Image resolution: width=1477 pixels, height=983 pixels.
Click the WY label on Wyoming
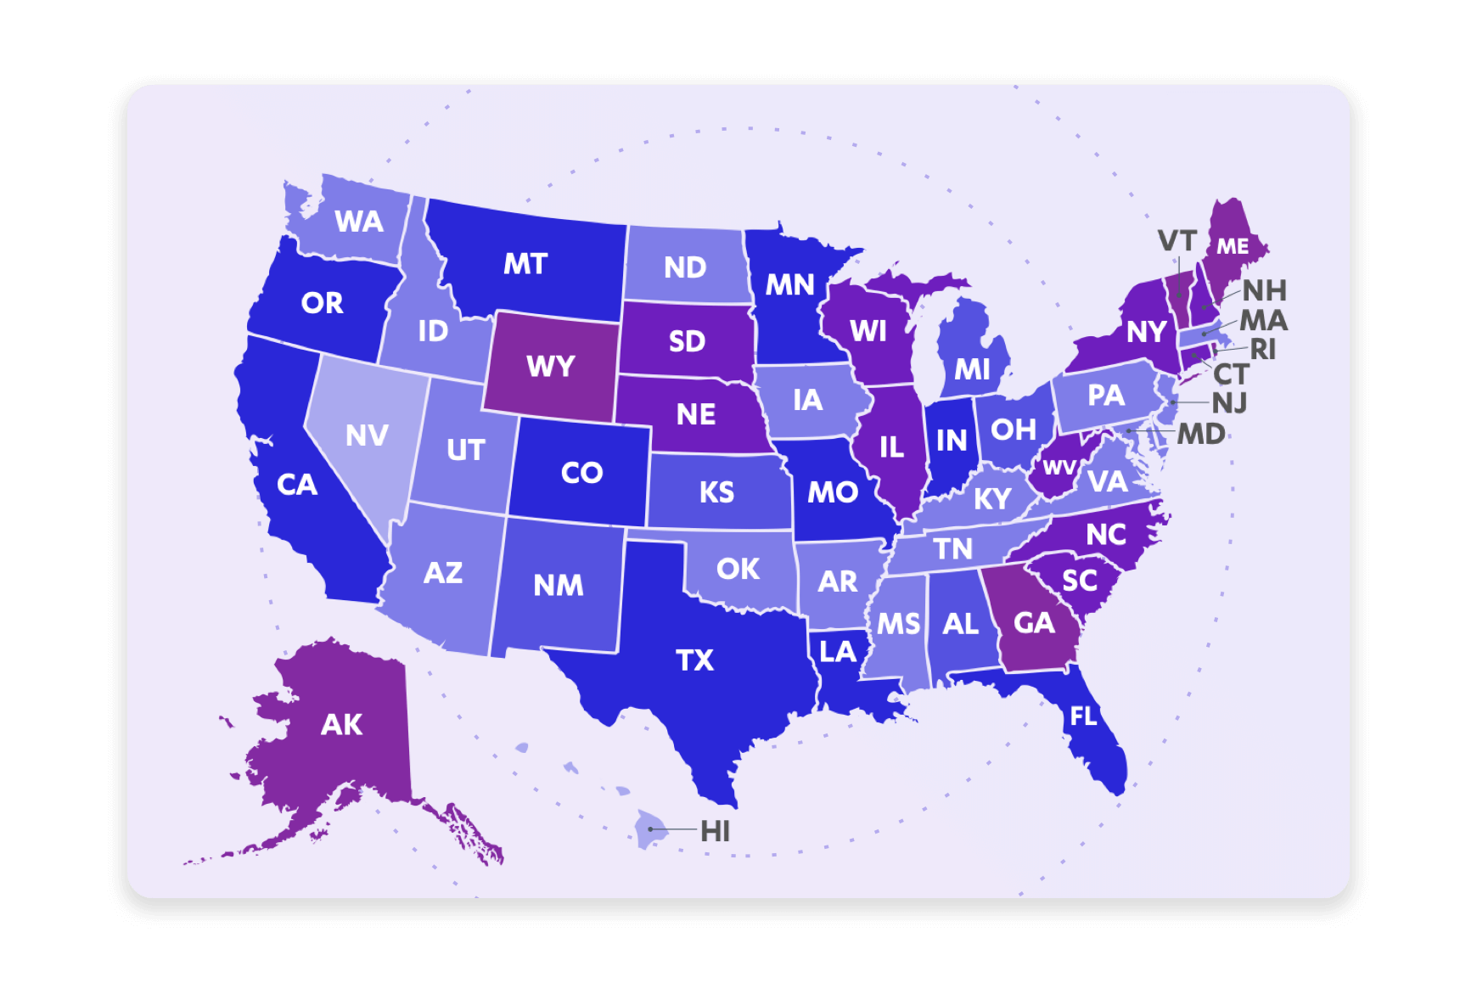pyautogui.click(x=551, y=367)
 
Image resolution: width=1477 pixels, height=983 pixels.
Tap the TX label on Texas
pyautogui.click(x=694, y=660)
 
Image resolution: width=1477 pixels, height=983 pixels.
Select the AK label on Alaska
pyautogui.click(x=341, y=724)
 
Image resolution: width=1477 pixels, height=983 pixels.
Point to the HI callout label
pyautogui.click(x=715, y=831)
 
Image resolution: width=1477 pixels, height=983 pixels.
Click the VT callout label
pyautogui.click(x=1177, y=241)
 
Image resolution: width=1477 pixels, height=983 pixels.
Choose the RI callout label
pyautogui.click(x=1262, y=349)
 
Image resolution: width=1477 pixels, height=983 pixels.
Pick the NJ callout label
pyautogui.click(x=1229, y=402)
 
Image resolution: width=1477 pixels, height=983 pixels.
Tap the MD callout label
pyautogui.click(x=1201, y=434)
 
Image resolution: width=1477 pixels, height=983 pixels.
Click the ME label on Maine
pyautogui.click(x=1233, y=246)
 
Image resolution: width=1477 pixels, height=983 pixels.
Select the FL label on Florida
pyautogui.click(x=1083, y=716)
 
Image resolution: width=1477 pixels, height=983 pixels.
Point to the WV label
pyautogui.click(x=1059, y=468)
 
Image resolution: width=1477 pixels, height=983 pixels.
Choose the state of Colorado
pyautogui.click(x=581, y=472)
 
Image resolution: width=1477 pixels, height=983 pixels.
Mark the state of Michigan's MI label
pyautogui.click(x=972, y=369)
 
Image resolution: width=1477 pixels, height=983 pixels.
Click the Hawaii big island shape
pyautogui.click(x=651, y=829)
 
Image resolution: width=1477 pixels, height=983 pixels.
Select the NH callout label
pyautogui.click(x=1265, y=290)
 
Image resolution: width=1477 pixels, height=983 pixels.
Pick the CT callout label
pyautogui.click(x=1231, y=374)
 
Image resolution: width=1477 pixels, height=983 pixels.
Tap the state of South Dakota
pyautogui.click(x=687, y=341)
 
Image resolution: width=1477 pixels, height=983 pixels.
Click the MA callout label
pyautogui.click(x=1264, y=320)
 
